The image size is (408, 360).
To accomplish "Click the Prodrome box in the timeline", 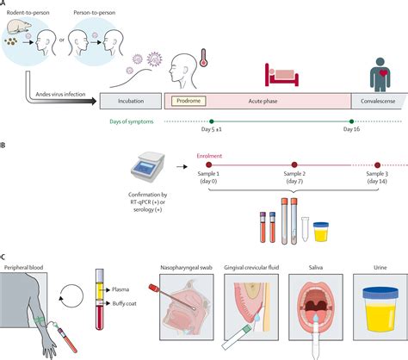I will pos(189,101).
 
